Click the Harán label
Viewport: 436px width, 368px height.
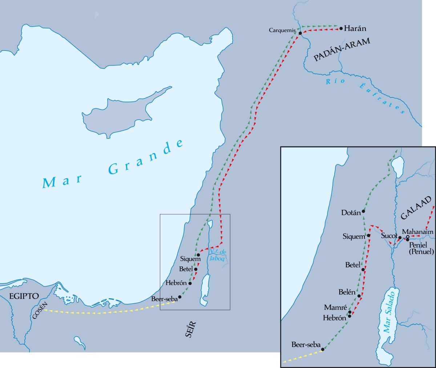[x=355, y=28]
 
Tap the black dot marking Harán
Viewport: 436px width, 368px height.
[x=341, y=28]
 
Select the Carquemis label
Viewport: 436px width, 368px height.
[x=282, y=30]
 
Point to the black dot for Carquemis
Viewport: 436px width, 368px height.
[x=300, y=33]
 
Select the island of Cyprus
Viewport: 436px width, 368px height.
[x=120, y=111]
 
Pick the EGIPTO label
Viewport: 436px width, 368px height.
[x=24, y=296]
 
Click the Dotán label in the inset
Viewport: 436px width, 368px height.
[x=351, y=212]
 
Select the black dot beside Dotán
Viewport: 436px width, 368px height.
[x=363, y=211]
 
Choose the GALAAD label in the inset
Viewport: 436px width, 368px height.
[x=416, y=208]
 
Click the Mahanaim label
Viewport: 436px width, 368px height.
[x=417, y=232]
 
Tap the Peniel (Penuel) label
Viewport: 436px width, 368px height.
[x=421, y=248]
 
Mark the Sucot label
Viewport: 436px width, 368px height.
[x=389, y=236]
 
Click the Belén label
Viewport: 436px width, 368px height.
[x=347, y=292]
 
